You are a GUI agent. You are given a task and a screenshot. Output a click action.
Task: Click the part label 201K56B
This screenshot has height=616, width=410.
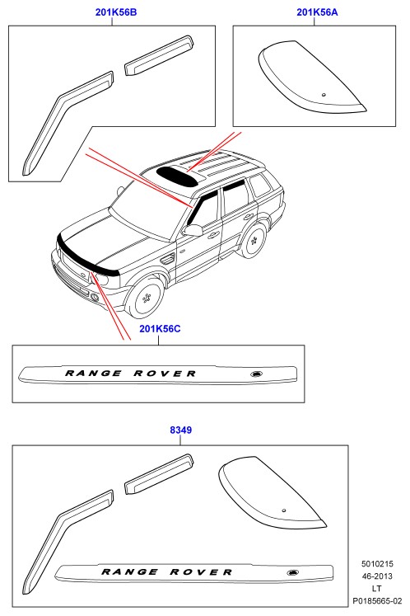(x=116, y=12)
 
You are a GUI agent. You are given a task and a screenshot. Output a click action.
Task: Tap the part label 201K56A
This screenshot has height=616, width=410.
(x=317, y=12)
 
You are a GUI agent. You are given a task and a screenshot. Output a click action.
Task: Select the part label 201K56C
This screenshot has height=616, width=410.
(x=160, y=328)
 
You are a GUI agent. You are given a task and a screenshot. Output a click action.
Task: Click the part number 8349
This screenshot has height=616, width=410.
(x=181, y=430)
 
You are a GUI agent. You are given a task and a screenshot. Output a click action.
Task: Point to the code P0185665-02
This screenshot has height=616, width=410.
(x=377, y=601)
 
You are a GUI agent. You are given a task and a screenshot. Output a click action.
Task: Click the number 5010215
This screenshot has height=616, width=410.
(x=377, y=564)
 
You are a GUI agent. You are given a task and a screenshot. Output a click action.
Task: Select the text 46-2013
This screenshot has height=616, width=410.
(x=377, y=576)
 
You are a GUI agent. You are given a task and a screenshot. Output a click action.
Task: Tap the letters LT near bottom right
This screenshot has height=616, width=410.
(x=376, y=589)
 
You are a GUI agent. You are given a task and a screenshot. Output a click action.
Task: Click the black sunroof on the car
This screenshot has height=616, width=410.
(x=178, y=176)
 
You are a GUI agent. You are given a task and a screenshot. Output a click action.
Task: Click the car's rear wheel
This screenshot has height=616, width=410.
(x=254, y=241)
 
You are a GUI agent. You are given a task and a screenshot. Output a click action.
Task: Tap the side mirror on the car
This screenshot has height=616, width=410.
(x=193, y=230)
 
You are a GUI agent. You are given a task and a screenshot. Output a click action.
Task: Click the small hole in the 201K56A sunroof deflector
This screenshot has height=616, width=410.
(x=324, y=95)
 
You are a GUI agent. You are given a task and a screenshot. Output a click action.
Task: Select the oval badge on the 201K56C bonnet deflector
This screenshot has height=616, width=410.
(x=257, y=374)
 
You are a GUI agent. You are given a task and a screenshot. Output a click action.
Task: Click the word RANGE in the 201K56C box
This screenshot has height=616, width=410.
(x=93, y=374)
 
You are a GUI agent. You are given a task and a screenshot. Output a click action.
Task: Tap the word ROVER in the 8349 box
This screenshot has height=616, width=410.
(x=201, y=572)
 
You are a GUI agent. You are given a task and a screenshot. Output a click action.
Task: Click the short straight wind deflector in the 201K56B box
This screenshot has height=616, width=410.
(x=159, y=55)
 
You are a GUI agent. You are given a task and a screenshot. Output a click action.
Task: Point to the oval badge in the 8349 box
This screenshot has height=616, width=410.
(x=293, y=572)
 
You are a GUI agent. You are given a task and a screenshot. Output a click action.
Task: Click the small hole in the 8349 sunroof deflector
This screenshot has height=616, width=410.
(x=284, y=510)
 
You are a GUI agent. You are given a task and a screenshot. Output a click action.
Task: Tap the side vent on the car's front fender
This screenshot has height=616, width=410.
(x=167, y=259)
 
